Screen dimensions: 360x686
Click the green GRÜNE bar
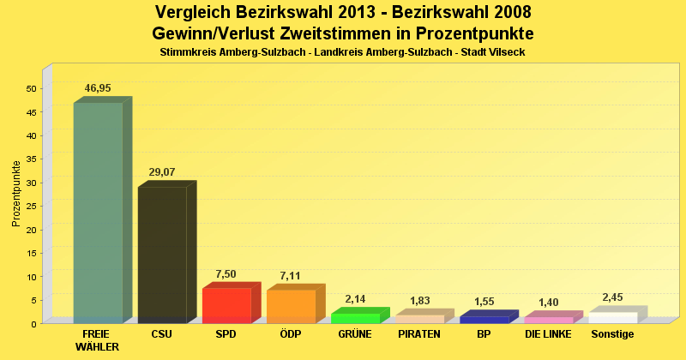pyautogui.click(x=355, y=318)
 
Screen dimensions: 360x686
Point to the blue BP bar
pyautogui.click(x=484, y=319)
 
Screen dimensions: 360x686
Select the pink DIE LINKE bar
pyautogui.click(x=548, y=320)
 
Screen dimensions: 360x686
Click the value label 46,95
pyautogui.click(x=98, y=88)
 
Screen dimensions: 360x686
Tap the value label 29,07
pyautogui.click(x=162, y=172)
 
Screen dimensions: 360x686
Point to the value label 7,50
pyautogui.click(x=226, y=274)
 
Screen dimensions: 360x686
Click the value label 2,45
pyautogui.click(x=612, y=297)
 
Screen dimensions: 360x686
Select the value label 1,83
pyautogui.click(x=419, y=300)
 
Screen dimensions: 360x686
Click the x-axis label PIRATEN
pyautogui.click(x=419, y=334)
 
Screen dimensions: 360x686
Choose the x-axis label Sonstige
pyautogui.click(x=612, y=334)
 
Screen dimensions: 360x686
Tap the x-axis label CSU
pyautogui.click(x=161, y=334)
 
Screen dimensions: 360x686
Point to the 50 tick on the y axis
pyautogui.click(x=31, y=88)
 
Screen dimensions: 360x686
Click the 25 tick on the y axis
pyautogui.click(x=31, y=206)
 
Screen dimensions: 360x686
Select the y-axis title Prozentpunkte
pyautogui.click(x=16, y=193)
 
